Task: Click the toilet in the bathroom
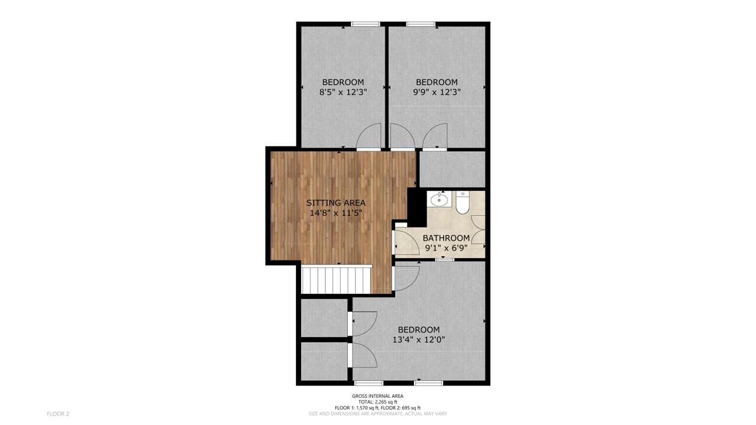tap(462, 202)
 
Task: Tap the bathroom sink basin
tap(439, 200)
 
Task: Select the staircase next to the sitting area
tap(336, 280)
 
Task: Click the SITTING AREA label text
tap(336, 202)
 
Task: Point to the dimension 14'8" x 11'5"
tap(336, 213)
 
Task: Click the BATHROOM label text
tap(446, 238)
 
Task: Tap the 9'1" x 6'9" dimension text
tap(446, 249)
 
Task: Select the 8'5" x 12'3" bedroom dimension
tap(343, 92)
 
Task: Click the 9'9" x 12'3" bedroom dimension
tap(436, 92)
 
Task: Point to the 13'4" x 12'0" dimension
tap(419, 339)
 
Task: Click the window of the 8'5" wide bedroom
tap(366, 24)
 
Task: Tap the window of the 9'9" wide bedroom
tap(421, 24)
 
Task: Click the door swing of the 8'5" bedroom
tap(369, 136)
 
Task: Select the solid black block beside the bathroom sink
tap(417, 207)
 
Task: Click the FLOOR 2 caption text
tap(58, 414)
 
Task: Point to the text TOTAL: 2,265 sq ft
tap(377, 402)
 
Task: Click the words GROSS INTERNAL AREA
tap(377, 396)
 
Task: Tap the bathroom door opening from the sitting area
tap(407, 242)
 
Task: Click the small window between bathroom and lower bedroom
tap(445, 259)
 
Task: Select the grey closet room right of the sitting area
tap(452, 169)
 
